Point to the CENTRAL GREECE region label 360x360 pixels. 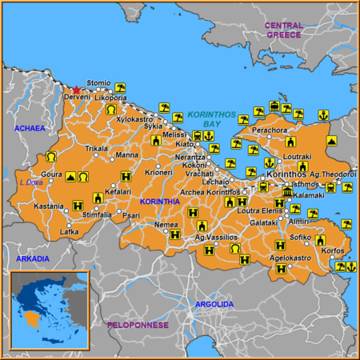tap(284, 30)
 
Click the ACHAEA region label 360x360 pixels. tap(29, 128)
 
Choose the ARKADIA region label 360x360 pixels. tap(32, 258)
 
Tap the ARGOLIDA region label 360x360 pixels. tap(215, 304)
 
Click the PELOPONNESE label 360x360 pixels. tap(138, 325)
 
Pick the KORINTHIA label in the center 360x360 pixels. tap(160, 202)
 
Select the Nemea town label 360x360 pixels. tap(166, 225)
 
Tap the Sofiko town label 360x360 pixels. tap(300, 238)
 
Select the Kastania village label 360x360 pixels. tap(48, 206)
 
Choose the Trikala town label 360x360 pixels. tap(97, 149)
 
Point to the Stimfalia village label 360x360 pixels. tap(97, 214)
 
